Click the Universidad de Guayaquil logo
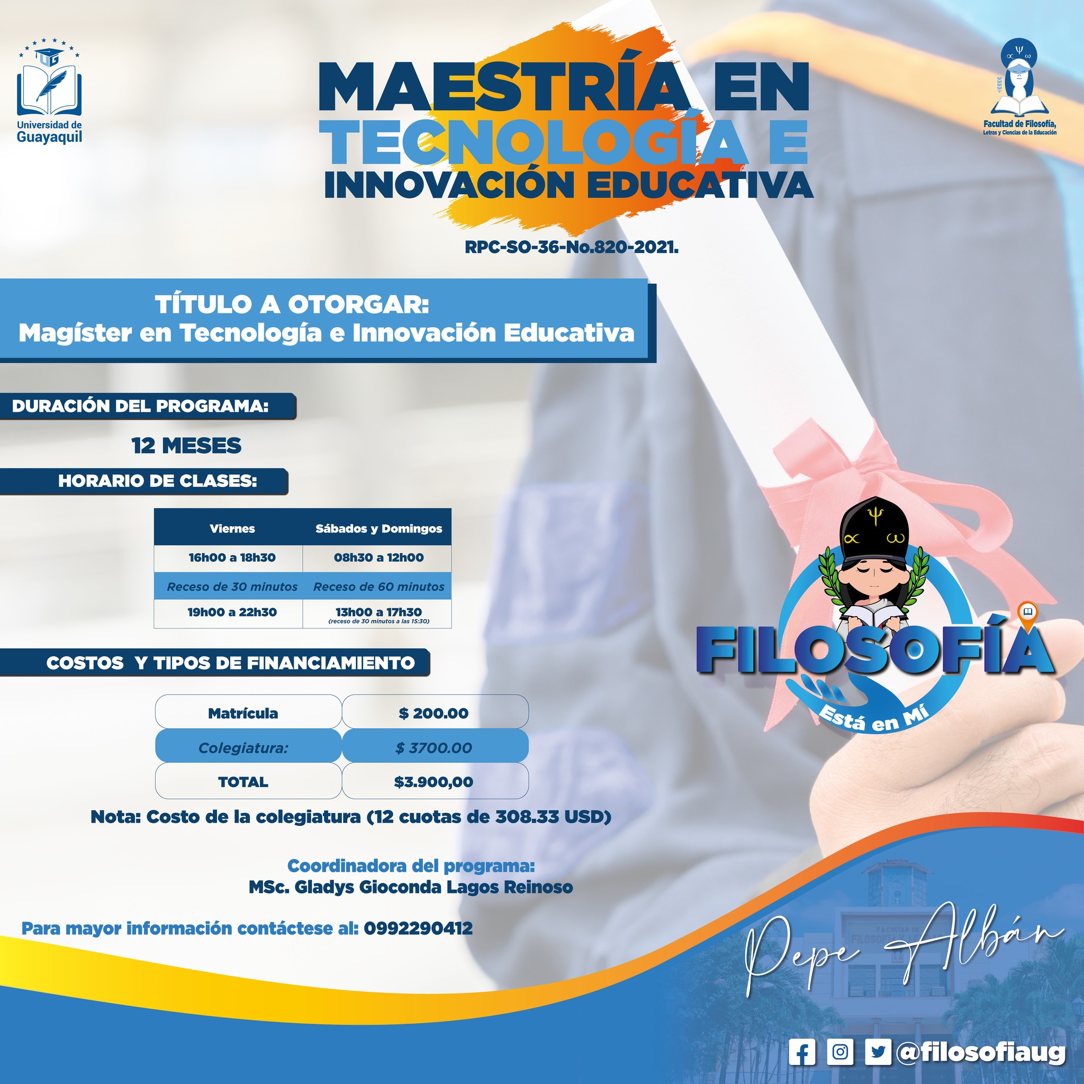tap(49, 91)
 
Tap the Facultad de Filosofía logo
tap(1019, 87)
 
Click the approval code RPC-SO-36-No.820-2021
tap(572, 247)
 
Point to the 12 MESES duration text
tap(186, 446)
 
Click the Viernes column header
tap(232, 529)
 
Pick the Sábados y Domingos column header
tap(379, 529)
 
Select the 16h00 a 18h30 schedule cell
tap(232, 558)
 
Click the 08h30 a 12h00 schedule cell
tap(379, 558)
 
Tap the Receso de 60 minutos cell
tap(379, 587)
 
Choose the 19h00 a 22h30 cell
tap(232, 612)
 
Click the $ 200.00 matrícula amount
tap(433, 713)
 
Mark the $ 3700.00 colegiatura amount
tap(433, 748)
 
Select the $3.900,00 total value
tap(433, 782)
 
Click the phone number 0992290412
tap(418, 928)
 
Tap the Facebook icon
tap(802, 1052)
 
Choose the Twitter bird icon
tap(878, 1052)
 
